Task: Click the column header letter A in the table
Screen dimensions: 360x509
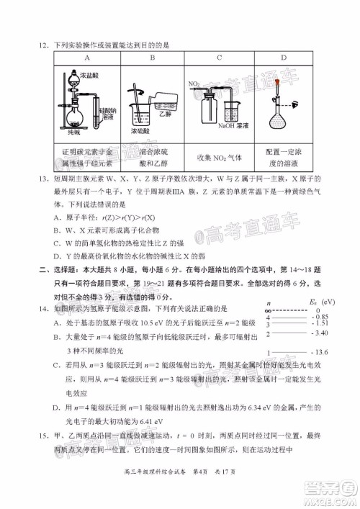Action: [x=86, y=59]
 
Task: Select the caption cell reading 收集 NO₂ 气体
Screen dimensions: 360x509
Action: [x=217, y=158]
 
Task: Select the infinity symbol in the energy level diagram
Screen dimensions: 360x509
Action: [x=269, y=310]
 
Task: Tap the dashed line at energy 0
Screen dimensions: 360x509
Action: [x=290, y=310]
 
